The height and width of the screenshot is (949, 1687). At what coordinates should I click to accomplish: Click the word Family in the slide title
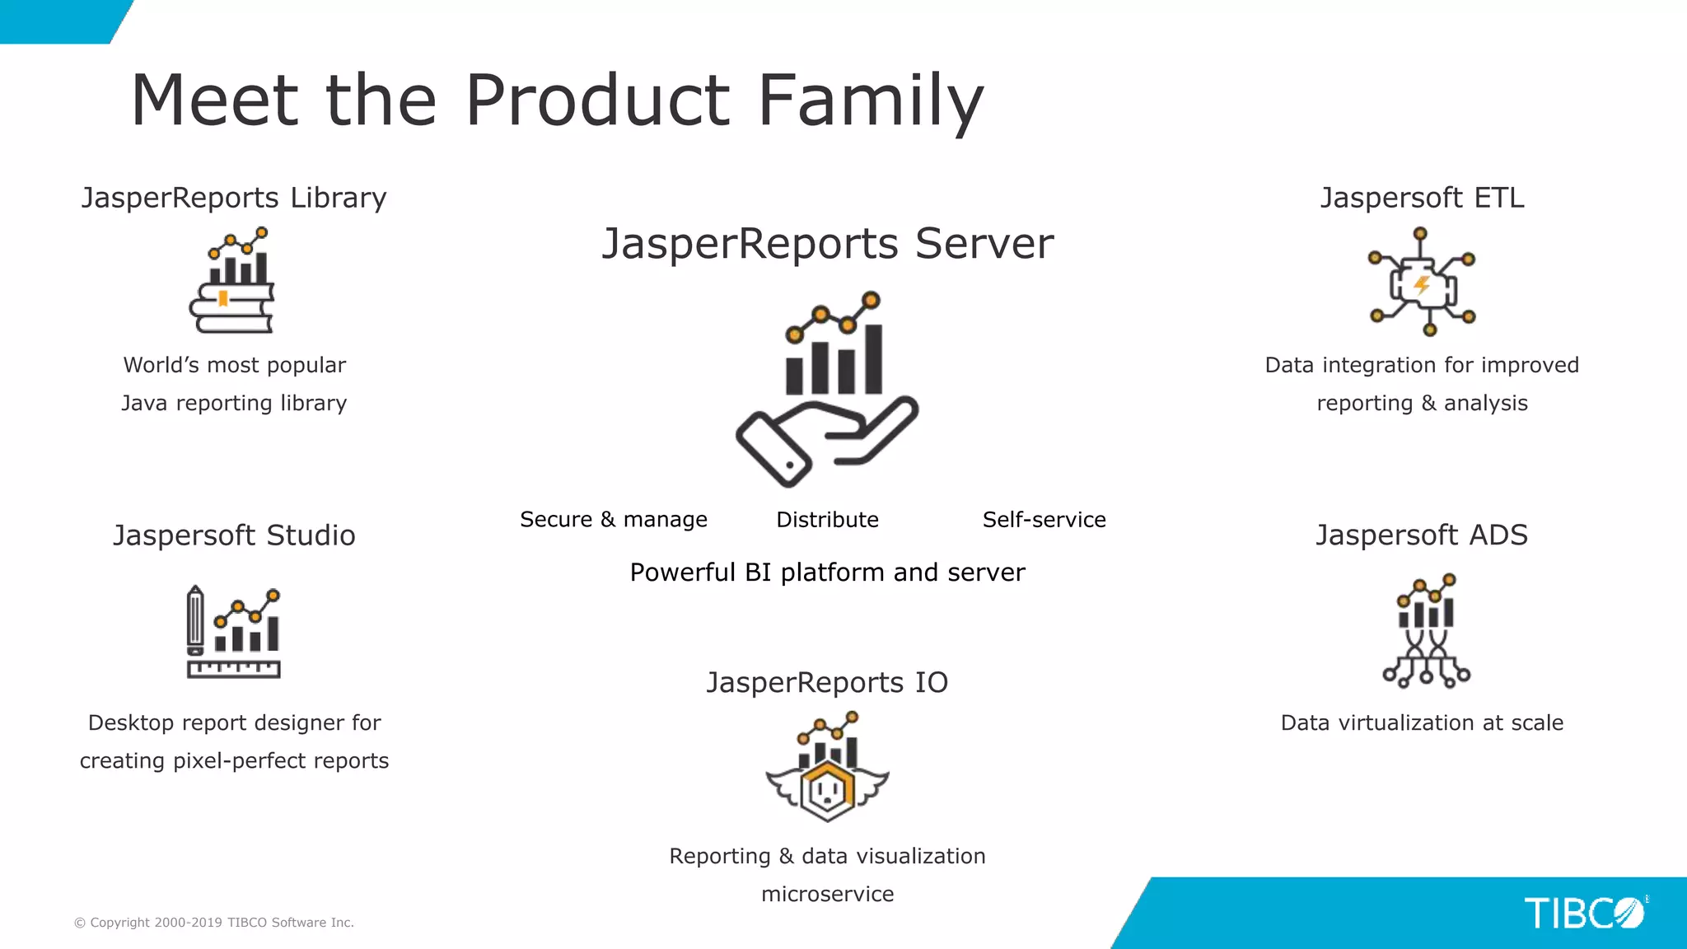click(x=870, y=101)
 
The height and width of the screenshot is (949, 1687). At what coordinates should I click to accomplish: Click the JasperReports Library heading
click(x=234, y=198)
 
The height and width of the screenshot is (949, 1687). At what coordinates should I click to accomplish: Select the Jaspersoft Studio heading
click(x=234, y=535)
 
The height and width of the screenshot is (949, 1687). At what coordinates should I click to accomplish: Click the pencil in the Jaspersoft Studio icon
click(x=195, y=619)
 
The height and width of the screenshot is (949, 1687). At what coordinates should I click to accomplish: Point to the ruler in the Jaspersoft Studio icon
click(x=234, y=669)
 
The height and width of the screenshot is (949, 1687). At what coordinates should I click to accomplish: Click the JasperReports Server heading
click(x=827, y=244)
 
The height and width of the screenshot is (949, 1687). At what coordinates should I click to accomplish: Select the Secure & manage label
click(x=613, y=520)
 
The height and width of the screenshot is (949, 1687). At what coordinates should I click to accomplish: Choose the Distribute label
click(x=827, y=520)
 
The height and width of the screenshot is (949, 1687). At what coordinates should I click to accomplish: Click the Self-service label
click(x=1044, y=520)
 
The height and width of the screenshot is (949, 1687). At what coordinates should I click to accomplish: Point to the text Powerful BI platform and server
click(x=827, y=573)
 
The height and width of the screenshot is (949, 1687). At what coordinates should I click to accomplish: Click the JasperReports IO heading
click(x=827, y=683)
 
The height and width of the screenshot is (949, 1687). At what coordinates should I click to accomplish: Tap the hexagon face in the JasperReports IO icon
click(x=827, y=792)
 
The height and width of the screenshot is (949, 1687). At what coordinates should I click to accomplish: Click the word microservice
click(x=827, y=895)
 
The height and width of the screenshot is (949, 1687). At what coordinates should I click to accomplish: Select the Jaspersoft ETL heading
click(x=1422, y=198)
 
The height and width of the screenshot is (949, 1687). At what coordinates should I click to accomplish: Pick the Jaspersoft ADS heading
click(x=1422, y=535)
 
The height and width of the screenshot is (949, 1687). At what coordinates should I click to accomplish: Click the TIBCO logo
click(x=1583, y=913)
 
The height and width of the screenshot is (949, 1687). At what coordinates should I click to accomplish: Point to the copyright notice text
click(x=214, y=923)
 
